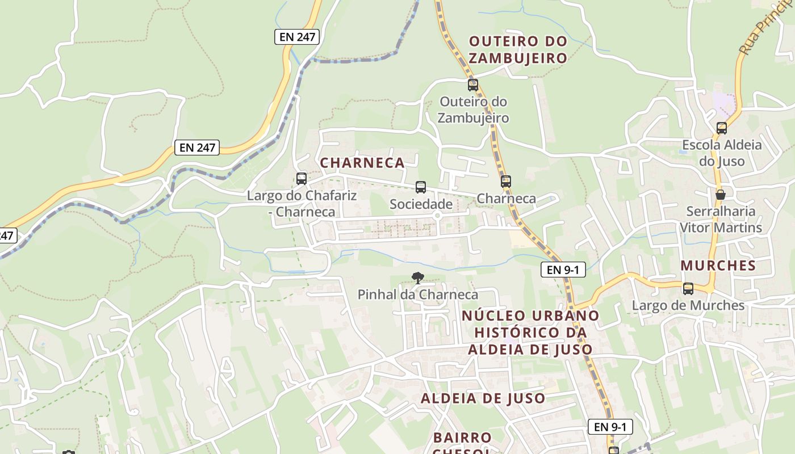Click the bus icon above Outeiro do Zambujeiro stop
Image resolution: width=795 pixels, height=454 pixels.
472,85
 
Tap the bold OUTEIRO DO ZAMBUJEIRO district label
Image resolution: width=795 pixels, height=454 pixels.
518,49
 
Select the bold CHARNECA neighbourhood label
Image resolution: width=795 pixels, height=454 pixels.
362,163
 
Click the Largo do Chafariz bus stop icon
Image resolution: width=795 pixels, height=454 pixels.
302,179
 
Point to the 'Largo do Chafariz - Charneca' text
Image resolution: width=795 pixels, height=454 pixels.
302,204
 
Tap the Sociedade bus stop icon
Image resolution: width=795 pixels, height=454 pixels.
421,187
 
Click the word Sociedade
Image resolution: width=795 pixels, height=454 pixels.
421,204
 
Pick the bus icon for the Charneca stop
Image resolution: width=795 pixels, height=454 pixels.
505,182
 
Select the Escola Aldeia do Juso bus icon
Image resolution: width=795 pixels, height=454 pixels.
721,128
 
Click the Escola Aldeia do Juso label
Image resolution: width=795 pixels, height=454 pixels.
722,153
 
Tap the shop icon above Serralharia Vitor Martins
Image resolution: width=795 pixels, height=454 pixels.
721,195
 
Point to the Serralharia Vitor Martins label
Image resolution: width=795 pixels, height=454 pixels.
721,219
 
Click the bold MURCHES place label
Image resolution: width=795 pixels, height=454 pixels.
718,266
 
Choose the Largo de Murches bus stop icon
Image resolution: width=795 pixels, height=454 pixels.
688,289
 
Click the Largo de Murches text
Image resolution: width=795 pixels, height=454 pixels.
688,305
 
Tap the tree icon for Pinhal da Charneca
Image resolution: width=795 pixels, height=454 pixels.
418,278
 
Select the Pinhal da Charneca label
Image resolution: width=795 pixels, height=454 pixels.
418,295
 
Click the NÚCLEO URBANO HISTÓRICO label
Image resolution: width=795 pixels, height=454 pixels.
530,332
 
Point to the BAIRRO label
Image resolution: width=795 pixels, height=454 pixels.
462,438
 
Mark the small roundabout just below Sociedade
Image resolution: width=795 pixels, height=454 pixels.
437,216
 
